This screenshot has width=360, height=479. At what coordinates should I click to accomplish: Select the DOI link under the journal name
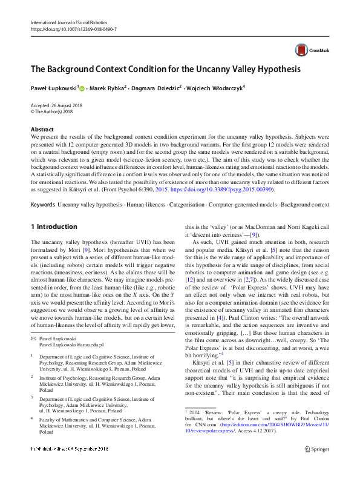(73, 29)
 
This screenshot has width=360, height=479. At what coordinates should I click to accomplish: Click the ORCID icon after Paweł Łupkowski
(82, 88)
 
